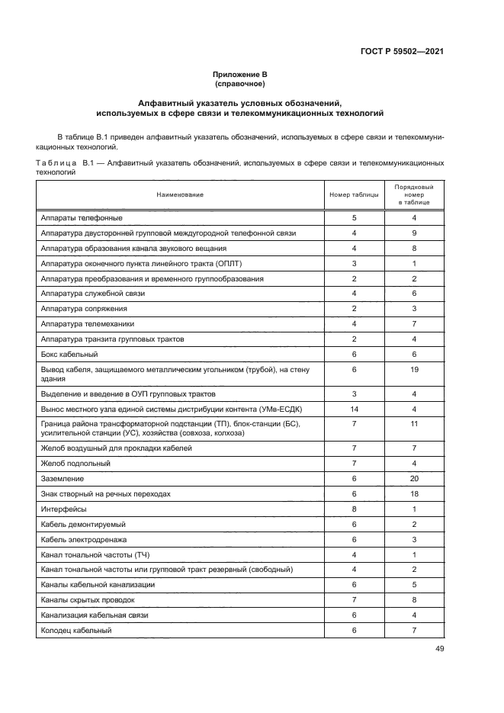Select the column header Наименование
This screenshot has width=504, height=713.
180,195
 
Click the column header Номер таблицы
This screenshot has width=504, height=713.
354,195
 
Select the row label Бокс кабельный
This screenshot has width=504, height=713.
64,355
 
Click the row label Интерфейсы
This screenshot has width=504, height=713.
63,509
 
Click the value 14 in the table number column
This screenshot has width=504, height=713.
354,409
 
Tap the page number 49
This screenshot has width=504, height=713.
439,649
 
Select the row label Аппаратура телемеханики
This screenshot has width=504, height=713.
84,324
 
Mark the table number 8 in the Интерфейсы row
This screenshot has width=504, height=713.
354,509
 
